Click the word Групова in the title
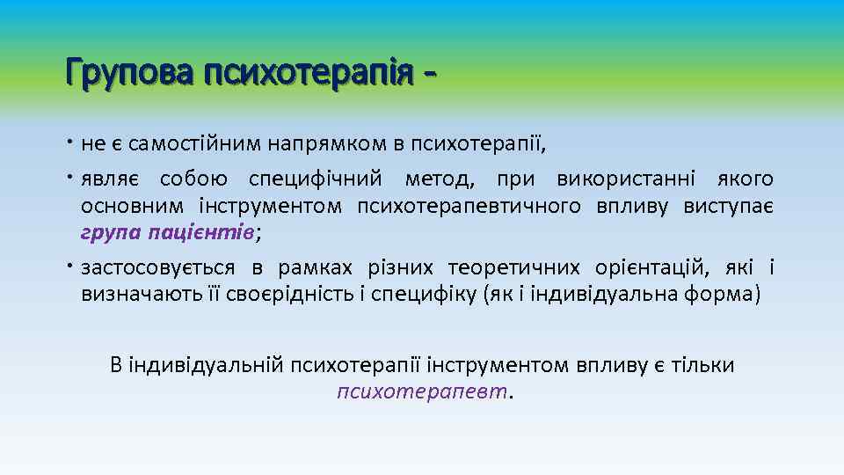[x=130, y=71]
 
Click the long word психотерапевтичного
[x=469, y=207]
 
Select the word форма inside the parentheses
[x=720, y=294]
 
